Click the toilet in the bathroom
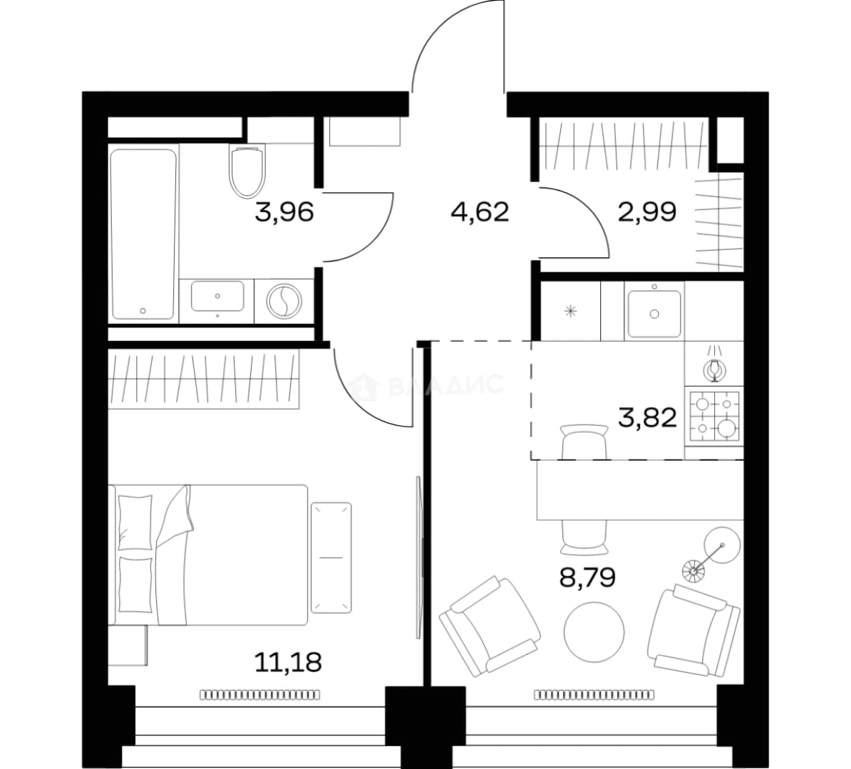[247, 170]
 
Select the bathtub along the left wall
[143, 234]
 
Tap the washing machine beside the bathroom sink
[284, 300]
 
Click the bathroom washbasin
[217, 296]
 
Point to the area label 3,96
[284, 212]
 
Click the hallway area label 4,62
[480, 211]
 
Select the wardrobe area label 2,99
[647, 211]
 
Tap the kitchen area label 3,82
[647, 418]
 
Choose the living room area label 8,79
[587, 577]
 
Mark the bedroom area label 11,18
[288, 661]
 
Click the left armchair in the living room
[490, 627]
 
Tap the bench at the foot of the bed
[331, 558]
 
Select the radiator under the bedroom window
[260, 694]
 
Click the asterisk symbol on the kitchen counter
[570, 311]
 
